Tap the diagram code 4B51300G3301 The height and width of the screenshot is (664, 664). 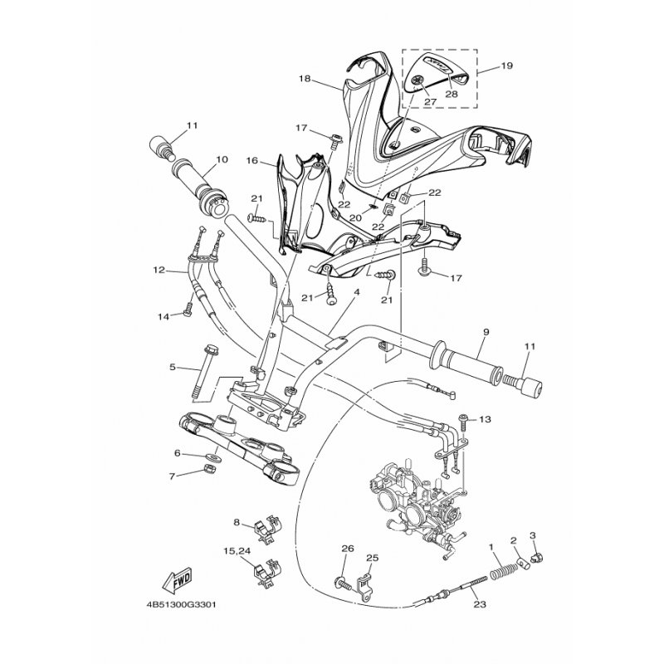click(x=181, y=604)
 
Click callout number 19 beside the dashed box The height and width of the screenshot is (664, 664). click(x=506, y=66)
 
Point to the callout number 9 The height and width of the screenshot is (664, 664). click(x=486, y=332)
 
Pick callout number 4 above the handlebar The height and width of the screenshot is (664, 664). click(x=357, y=292)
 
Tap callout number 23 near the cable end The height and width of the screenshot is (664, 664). click(x=480, y=604)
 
